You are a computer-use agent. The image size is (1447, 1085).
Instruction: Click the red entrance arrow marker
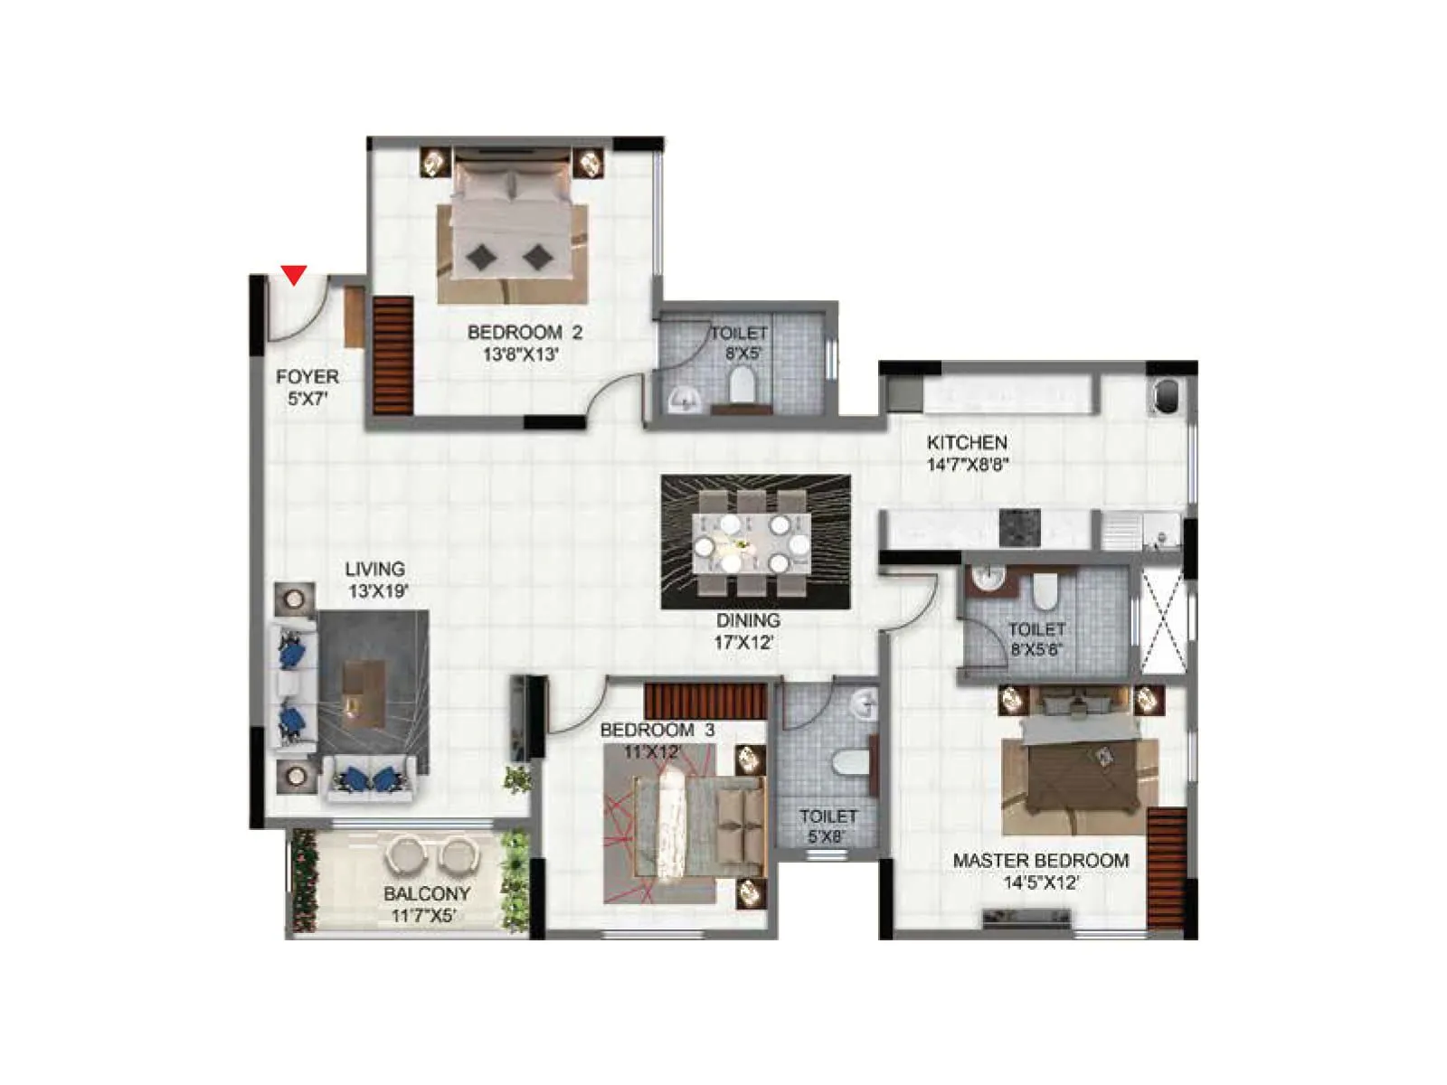click(x=294, y=274)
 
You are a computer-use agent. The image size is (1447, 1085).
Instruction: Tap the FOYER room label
click(x=307, y=377)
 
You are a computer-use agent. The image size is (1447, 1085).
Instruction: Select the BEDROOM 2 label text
click(x=525, y=332)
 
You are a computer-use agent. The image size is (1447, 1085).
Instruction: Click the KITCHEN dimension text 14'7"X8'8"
click(x=967, y=465)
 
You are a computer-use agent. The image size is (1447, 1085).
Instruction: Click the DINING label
click(x=748, y=620)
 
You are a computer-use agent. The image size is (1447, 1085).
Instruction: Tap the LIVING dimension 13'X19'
click(x=378, y=591)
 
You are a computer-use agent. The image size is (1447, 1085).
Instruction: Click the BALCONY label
click(x=427, y=893)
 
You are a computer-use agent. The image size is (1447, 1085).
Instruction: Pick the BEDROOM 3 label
click(x=657, y=730)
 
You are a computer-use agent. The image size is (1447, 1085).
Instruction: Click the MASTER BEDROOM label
click(x=1040, y=861)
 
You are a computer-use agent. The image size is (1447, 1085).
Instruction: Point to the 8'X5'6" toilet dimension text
click(x=1036, y=648)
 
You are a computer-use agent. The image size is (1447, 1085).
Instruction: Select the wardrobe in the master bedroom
click(x=1167, y=868)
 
